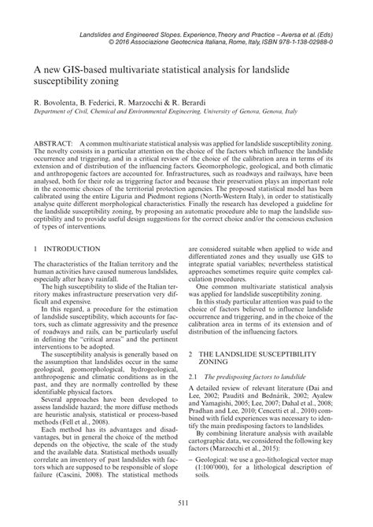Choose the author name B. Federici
click(x=101, y=102)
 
